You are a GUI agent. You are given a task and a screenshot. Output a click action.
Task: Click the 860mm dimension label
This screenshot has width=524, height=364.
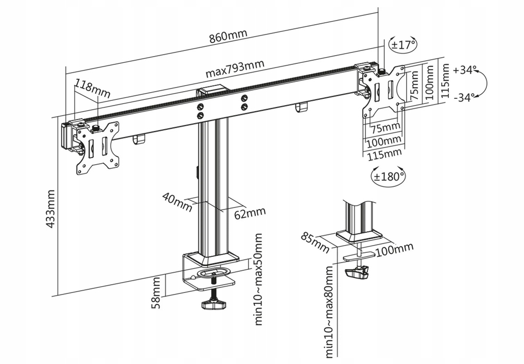228,37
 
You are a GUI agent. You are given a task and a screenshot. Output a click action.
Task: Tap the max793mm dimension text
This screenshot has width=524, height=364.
235,68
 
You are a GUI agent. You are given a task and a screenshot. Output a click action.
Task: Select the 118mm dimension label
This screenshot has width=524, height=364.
93,88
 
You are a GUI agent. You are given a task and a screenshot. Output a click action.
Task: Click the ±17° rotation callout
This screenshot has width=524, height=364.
403,44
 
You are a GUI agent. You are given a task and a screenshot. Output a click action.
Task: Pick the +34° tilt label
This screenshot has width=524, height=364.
465,70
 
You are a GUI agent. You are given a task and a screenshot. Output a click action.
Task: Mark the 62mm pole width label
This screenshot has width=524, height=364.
250,213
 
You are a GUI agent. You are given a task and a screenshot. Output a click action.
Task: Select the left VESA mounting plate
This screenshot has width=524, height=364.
98,147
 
